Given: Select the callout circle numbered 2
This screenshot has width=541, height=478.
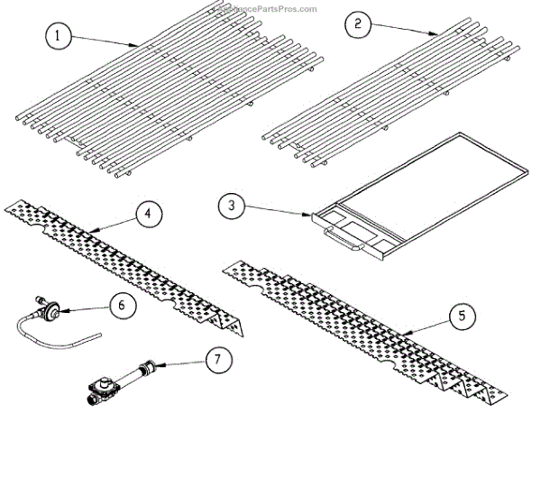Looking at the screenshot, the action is click(357, 25).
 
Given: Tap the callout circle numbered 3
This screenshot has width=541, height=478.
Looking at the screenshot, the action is click(232, 206).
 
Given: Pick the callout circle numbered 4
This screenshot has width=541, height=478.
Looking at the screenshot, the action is click(148, 216).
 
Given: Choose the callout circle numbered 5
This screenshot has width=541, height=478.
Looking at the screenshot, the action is click(461, 317).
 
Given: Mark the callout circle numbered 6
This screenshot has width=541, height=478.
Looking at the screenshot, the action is click(122, 305).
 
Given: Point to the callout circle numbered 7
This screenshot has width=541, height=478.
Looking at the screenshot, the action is click(216, 359).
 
